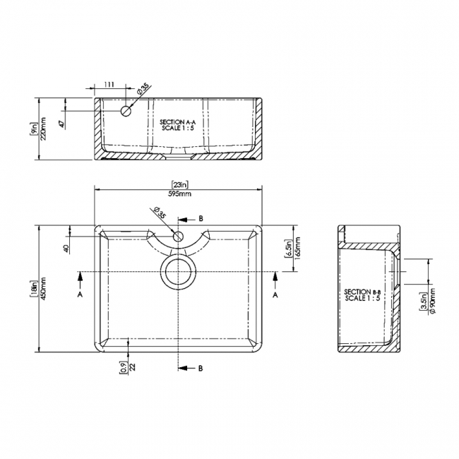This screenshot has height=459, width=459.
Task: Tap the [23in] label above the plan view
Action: (179, 184)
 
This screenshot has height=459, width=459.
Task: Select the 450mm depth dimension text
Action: (44, 289)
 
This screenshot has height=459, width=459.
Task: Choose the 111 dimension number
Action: (109, 85)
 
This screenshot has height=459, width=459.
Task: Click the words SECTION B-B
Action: (362, 292)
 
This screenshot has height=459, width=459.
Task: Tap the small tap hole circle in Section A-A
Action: (126, 111)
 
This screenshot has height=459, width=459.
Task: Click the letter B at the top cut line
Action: (201, 219)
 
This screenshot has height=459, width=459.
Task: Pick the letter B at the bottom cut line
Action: (201, 369)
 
